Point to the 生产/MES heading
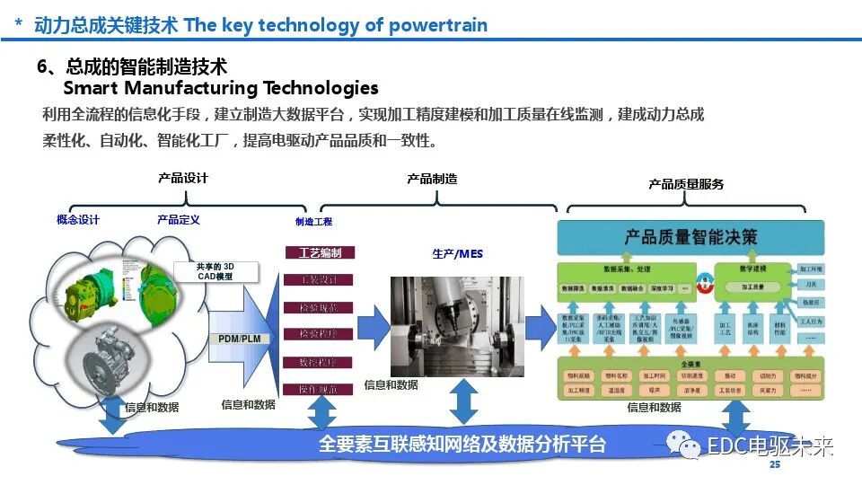tap(457, 254)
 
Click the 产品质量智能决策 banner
tap(690, 237)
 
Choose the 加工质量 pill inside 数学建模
tap(752, 287)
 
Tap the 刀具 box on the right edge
tap(811, 285)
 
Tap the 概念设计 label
tap(78, 220)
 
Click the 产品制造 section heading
tap(432, 179)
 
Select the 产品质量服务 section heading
tap(686, 184)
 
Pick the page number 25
tap(775, 465)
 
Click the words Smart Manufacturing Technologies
tap(220, 88)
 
